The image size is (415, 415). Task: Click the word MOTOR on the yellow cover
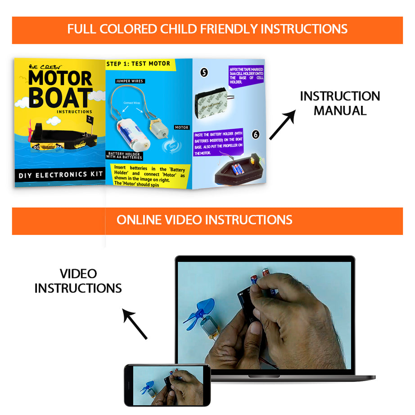60,78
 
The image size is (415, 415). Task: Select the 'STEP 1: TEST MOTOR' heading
138,64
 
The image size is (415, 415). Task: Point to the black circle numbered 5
204,72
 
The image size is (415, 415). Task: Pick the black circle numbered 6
255,135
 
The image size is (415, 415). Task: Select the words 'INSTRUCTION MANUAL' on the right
340,103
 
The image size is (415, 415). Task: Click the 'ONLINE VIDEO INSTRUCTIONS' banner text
204,220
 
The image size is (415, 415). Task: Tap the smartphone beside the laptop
167,385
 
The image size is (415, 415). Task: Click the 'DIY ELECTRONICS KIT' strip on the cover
60,175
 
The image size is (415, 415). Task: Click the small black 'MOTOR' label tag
181,128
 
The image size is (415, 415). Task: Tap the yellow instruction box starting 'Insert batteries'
149,175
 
